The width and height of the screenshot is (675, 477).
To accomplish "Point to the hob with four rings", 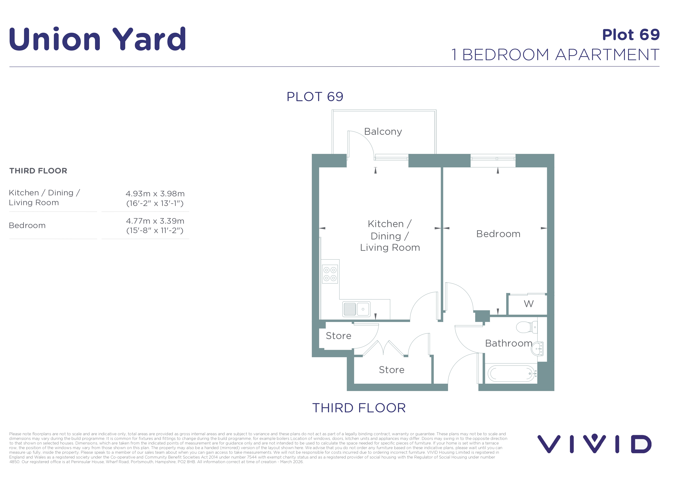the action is click(330, 274).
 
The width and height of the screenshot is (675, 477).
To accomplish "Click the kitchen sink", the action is click(356, 309).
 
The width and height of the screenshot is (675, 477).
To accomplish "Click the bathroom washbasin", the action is click(538, 349).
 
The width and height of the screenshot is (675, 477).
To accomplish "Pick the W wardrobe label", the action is click(529, 304).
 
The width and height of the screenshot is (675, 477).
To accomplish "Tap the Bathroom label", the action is click(509, 343).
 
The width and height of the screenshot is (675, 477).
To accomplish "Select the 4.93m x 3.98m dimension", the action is click(155, 194).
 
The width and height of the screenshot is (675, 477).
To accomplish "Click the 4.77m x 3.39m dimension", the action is click(155, 221).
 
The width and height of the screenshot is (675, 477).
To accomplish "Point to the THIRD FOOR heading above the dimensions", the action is click(38, 171).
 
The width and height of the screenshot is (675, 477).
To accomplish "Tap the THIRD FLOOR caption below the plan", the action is click(359, 408).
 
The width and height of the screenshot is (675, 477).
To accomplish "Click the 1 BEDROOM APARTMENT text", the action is click(555, 55).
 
